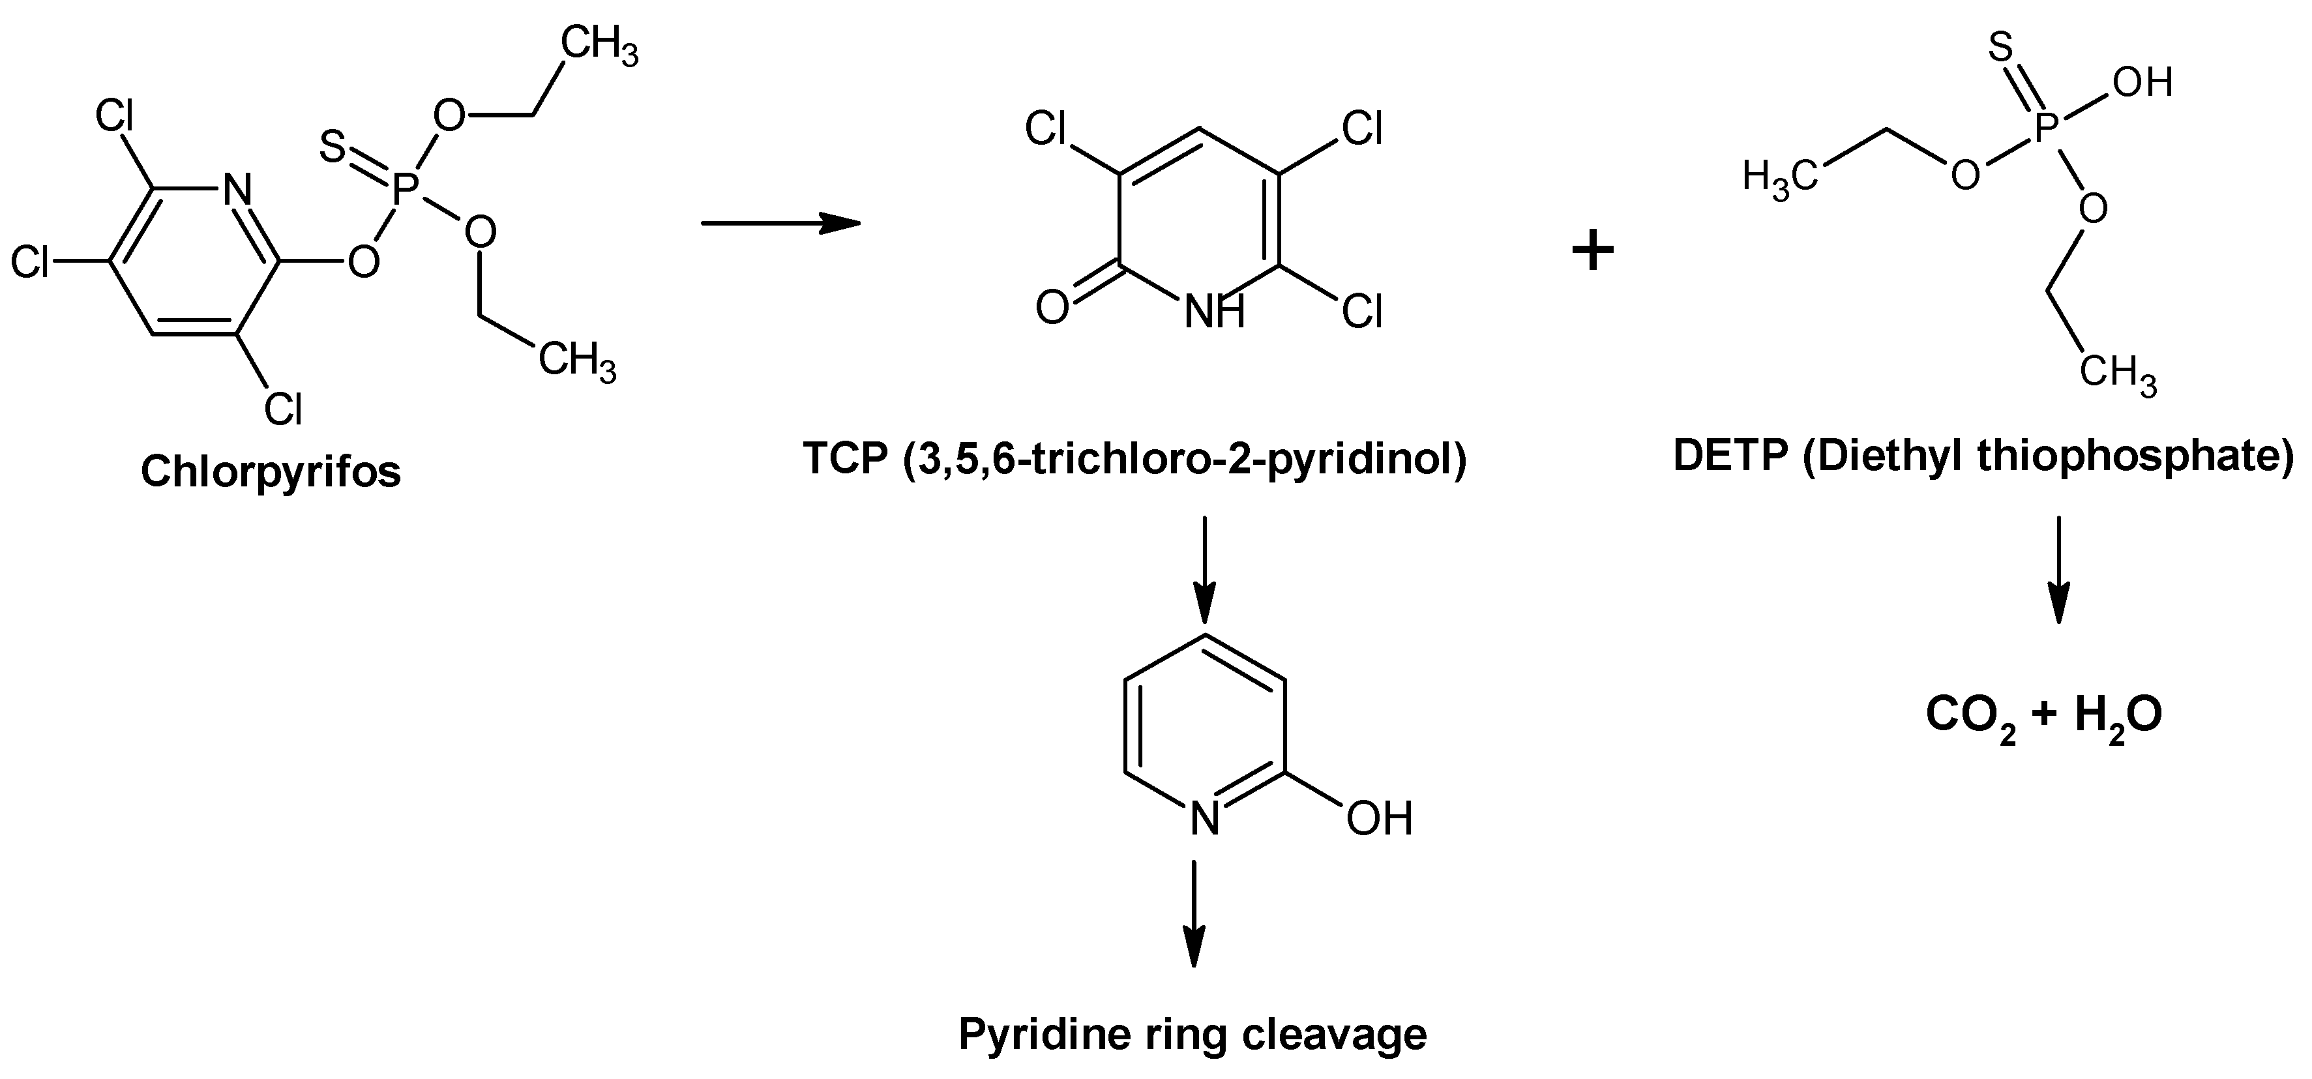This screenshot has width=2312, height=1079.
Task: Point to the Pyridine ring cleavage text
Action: (x=1192, y=1034)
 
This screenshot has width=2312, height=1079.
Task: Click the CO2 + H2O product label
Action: (x=2043, y=715)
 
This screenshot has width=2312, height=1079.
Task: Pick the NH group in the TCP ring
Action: (x=1214, y=312)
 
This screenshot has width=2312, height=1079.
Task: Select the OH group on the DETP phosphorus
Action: (x=2141, y=83)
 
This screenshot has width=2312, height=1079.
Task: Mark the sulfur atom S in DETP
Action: (x=2000, y=47)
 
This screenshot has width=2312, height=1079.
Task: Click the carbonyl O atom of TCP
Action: (x=1052, y=308)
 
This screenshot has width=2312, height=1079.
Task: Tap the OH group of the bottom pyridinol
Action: (x=1380, y=819)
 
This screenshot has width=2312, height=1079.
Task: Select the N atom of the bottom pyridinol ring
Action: (x=1204, y=819)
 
